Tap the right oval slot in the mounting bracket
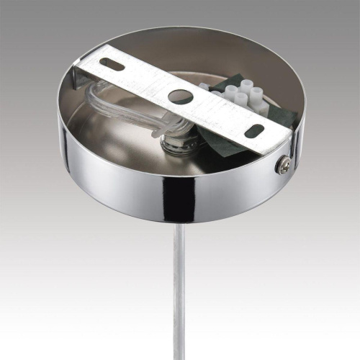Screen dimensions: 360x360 pos(254,131)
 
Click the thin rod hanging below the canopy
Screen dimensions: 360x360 pos(177,288)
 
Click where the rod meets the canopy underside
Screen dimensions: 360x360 pos(177,224)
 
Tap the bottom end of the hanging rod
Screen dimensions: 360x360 pos(177,356)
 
